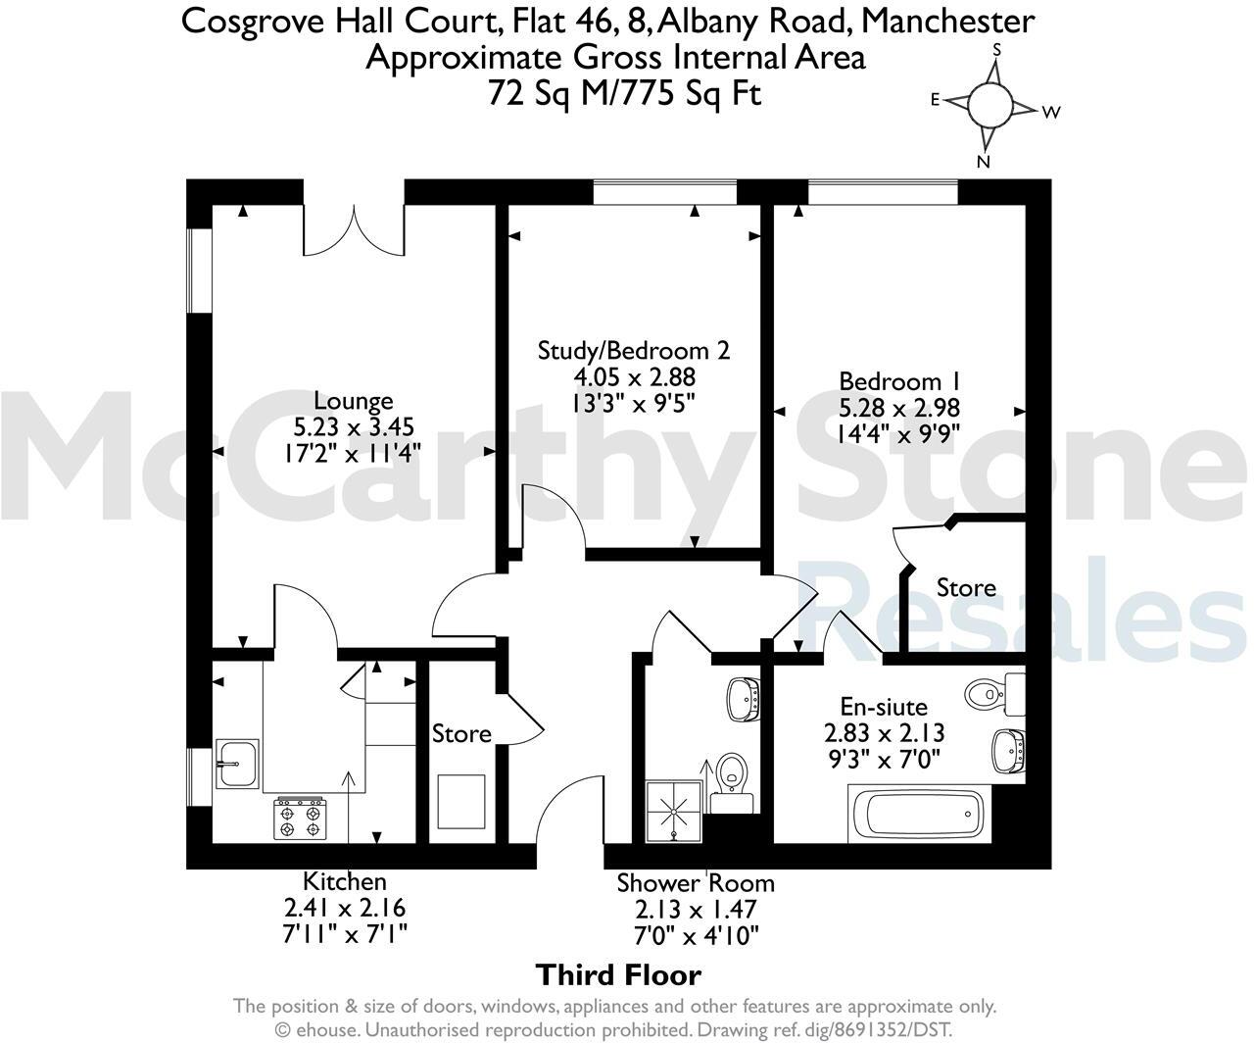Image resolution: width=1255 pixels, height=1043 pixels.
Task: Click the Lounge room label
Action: click(354, 401)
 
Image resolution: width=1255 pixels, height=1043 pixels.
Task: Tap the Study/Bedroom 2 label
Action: click(634, 351)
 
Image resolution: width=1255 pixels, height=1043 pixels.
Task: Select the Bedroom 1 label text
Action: click(899, 381)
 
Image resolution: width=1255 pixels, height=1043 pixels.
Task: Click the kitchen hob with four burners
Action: click(301, 819)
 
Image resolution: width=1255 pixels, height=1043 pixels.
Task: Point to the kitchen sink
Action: click(237, 764)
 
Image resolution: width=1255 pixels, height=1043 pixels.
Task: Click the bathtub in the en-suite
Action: click(919, 814)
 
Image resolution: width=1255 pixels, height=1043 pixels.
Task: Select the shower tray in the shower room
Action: click(674, 812)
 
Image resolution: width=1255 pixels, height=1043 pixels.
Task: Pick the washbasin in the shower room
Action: click(745, 700)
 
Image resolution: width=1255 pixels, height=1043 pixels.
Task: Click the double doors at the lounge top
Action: click(354, 230)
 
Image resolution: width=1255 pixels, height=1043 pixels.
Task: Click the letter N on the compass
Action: click(984, 161)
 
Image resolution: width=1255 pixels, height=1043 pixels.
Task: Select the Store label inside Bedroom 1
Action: click(966, 587)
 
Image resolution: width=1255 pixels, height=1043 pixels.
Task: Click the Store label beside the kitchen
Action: click(461, 734)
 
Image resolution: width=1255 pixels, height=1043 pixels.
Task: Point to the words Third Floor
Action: click(618, 975)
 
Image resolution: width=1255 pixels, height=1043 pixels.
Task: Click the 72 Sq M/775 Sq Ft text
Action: click(624, 93)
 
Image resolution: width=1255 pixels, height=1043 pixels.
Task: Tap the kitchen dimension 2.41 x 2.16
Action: click(345, 907)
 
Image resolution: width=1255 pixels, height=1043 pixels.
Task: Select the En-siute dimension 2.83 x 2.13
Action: click(884, 732)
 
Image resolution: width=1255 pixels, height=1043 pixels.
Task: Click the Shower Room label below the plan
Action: click(696, 883)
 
